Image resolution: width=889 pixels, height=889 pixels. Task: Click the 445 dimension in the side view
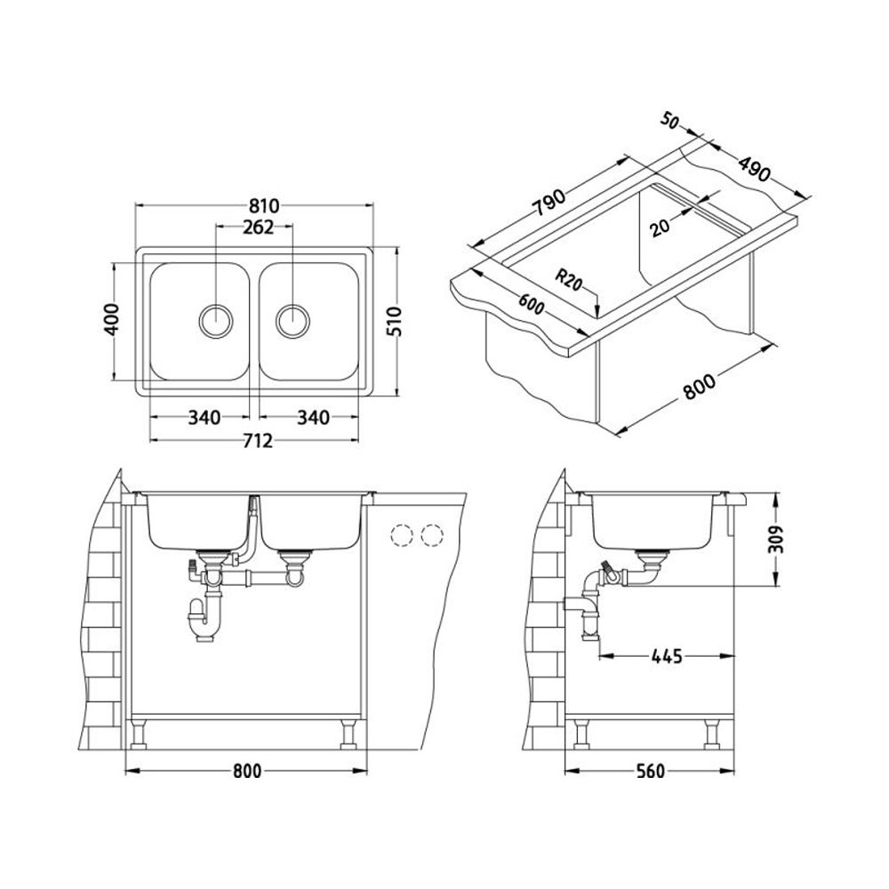point(666,657)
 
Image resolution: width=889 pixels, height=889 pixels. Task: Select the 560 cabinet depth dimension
point(652,772)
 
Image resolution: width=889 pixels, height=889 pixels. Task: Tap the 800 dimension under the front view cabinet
point(246,772)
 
